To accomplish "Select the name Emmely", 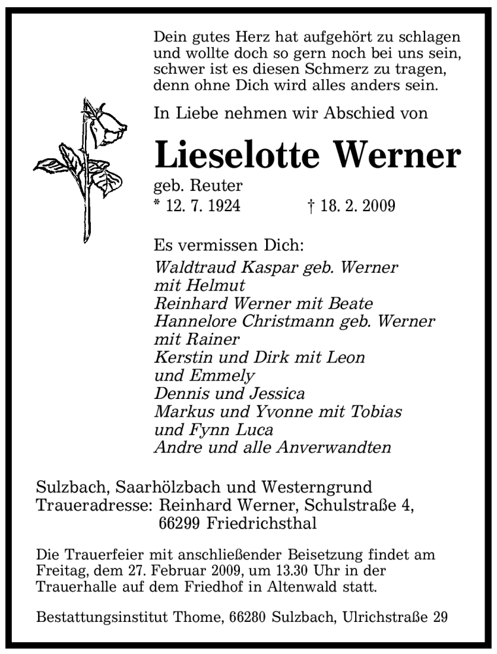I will (223, 376).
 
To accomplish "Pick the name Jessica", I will (275, 394).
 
